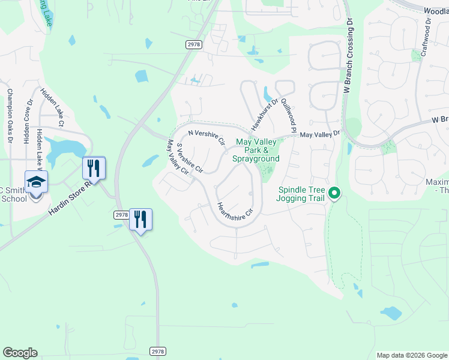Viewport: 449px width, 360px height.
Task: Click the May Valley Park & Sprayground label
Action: pos(256,150)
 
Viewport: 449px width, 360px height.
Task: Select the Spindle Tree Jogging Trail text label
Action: pos(301,194)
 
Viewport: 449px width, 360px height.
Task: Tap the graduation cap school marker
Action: pos(36,181)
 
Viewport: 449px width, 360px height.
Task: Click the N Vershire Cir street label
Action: pos(206,137)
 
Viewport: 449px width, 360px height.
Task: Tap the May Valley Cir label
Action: pos(178,157)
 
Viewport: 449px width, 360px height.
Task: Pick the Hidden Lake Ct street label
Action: pos(52,107)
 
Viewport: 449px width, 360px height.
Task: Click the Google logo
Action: pos(20,353)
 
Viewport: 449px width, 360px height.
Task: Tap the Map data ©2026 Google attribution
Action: pos(412,355)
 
